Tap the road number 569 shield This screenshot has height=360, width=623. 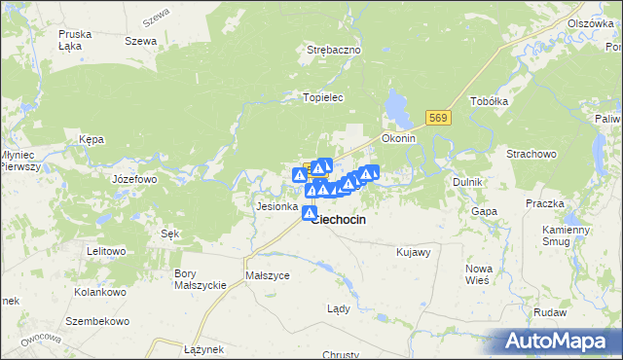(x=438, y=118)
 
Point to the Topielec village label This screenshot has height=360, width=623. (x=324, y=97)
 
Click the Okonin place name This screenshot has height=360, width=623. (x=398, y=138)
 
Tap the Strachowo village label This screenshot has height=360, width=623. (x=531, y=154)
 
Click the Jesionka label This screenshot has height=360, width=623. (x=275, y=206)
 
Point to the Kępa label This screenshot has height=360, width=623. (x=92, y=139)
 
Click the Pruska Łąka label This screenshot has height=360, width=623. (x=75, y=39)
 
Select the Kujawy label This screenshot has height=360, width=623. (x=414, y=252)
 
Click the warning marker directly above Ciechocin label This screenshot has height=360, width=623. (x=310, y=213)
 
